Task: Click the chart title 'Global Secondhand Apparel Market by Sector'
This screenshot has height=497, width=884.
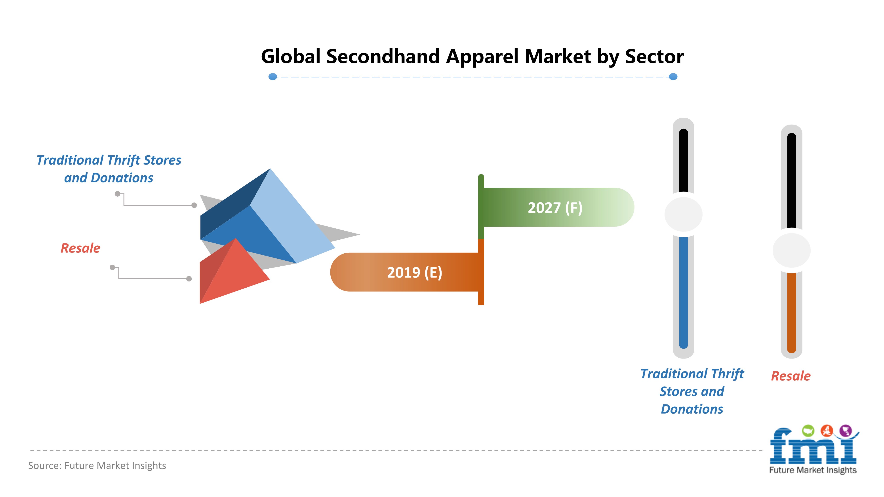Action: tap(472, 57)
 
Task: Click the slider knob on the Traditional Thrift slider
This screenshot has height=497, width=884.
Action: tap(683, 214)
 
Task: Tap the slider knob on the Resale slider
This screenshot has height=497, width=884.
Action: tap(791, 250)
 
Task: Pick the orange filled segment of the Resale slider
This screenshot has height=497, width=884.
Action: tap(791, 312)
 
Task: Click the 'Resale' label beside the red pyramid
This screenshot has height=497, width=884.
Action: tap(80, 248)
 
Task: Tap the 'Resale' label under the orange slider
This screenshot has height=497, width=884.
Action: tap(791, 376)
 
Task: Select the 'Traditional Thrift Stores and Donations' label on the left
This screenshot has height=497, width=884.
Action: tap(109, 169)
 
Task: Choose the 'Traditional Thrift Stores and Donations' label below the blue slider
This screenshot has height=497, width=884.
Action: tap(692, 391)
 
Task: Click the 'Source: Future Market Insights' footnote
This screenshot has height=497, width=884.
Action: tap(97, 465)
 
